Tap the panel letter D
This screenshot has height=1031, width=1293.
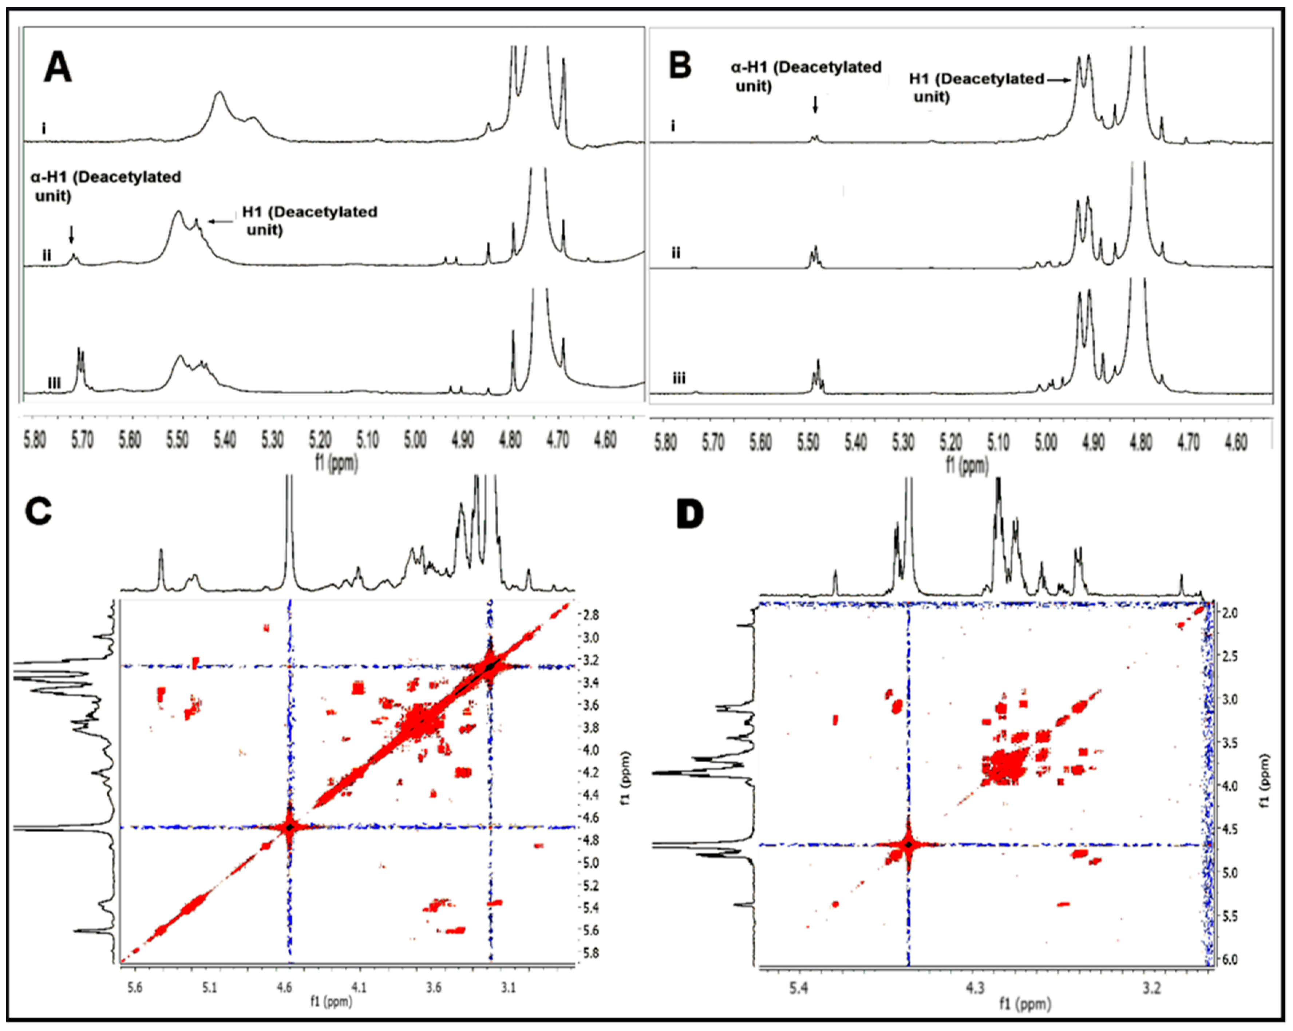[690, 515]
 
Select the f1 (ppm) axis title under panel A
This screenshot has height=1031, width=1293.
[336, 462]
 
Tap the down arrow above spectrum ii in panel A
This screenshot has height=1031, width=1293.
[71, 234]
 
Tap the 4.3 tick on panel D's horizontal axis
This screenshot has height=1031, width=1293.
[975, 987]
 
